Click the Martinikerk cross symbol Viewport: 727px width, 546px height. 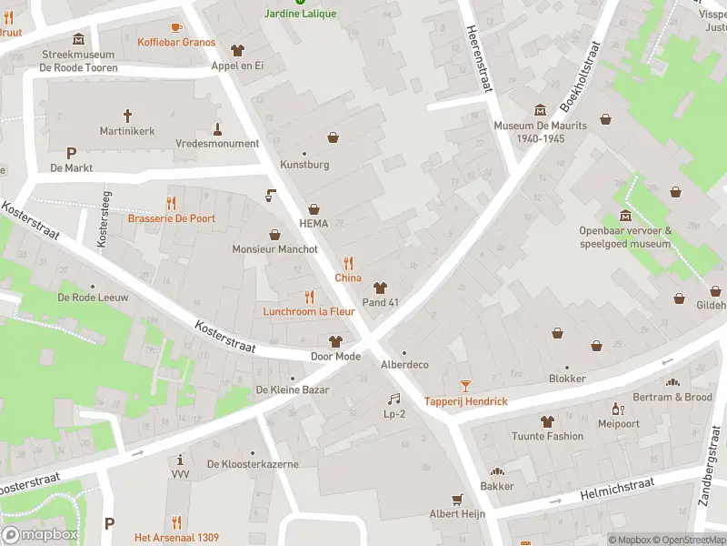127,116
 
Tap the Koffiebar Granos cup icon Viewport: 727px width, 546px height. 176,26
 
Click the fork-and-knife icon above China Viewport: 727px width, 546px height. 347,263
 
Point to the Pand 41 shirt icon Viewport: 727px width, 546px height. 381,287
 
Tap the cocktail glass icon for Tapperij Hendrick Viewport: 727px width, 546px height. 465,386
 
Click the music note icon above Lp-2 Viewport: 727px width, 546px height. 393,399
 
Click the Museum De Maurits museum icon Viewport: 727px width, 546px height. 541,110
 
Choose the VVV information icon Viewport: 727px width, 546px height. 180,460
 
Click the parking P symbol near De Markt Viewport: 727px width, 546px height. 71,153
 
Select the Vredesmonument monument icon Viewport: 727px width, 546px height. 217,128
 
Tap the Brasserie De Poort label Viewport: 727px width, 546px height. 171,218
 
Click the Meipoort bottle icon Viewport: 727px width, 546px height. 618,409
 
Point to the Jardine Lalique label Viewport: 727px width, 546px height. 300,14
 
